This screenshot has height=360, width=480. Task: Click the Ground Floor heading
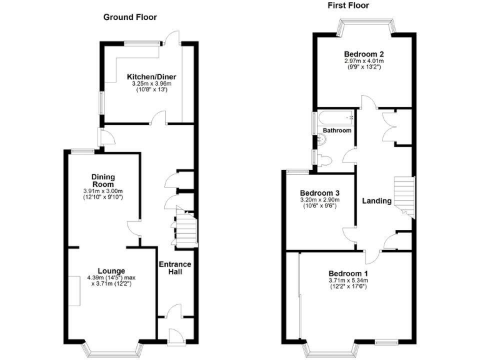pos(130,17)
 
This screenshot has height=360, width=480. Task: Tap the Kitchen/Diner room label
pos(147,77)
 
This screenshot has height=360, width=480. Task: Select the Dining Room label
pos(102,180)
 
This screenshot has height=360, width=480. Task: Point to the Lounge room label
pos(111,271)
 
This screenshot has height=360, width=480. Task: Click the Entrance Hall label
pos(175,269)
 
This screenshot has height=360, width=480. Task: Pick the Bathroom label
pos(337,131)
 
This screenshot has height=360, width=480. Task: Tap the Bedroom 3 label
pos(319,192)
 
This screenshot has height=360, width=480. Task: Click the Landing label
pos(377,201)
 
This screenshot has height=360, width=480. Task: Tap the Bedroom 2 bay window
pos(366,26)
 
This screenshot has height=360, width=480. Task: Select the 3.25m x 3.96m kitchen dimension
pos(147,84)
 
